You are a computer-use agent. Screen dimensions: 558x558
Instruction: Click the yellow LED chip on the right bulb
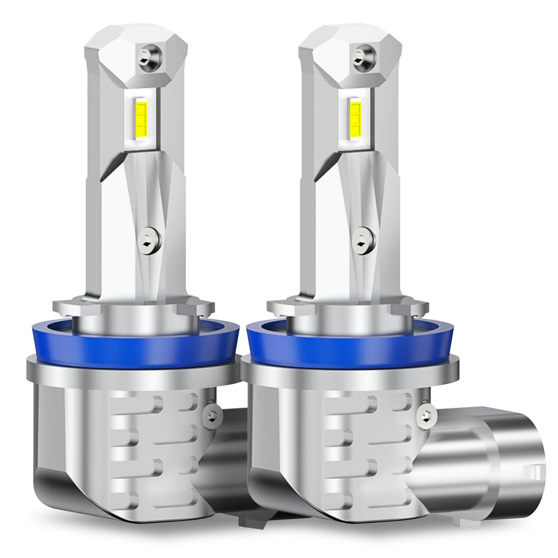tap(355, 117)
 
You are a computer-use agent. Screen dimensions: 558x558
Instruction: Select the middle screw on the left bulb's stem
tap(148, 240)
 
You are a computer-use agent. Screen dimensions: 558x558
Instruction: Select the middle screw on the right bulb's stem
tap(362, 240)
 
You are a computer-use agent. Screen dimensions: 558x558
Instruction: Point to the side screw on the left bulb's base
tap(212, 416)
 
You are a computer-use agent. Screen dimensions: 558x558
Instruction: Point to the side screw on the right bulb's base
tap(426, 416)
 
